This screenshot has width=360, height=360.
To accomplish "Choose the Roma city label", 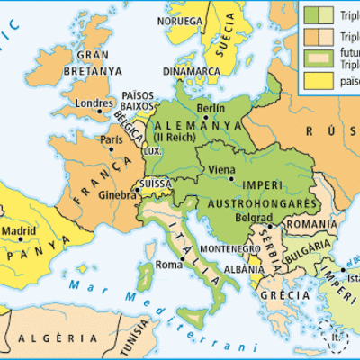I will (169, 264).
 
